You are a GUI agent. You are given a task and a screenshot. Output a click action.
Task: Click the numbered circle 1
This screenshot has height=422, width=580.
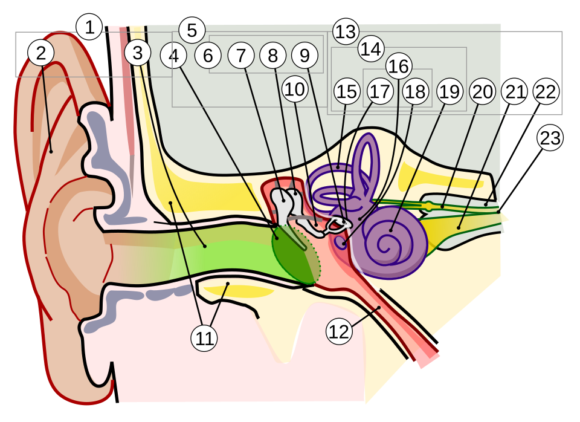[89, 28]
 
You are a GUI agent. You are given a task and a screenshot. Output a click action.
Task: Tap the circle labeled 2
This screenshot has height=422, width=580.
[40, 53]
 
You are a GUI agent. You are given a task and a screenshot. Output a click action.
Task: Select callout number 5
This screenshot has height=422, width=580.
[192, 30]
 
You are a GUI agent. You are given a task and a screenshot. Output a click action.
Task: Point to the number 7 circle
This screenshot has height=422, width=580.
[241, 56]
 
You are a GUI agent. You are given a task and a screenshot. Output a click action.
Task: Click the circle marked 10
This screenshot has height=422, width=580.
[294, 89]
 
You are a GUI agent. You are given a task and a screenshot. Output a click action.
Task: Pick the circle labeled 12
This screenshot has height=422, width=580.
[339, 331]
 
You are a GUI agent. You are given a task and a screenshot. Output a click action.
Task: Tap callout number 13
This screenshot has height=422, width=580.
[346, 31]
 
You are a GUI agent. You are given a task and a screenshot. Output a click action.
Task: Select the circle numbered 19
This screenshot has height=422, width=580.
[449, 92]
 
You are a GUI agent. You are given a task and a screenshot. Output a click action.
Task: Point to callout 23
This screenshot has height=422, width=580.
[550, 138]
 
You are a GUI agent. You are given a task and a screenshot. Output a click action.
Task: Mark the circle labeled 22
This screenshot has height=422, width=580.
[546, 92]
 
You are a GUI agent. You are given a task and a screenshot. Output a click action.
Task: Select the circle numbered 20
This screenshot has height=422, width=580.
[483, 92]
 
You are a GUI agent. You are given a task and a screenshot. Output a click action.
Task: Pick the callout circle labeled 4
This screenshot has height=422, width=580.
[174, 56]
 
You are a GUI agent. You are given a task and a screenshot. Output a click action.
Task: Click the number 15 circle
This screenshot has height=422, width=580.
[347, 92]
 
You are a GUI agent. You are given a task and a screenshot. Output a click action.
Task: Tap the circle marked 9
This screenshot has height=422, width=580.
[304, 56]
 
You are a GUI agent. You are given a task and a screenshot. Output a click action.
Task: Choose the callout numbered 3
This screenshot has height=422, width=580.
[138, 53]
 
